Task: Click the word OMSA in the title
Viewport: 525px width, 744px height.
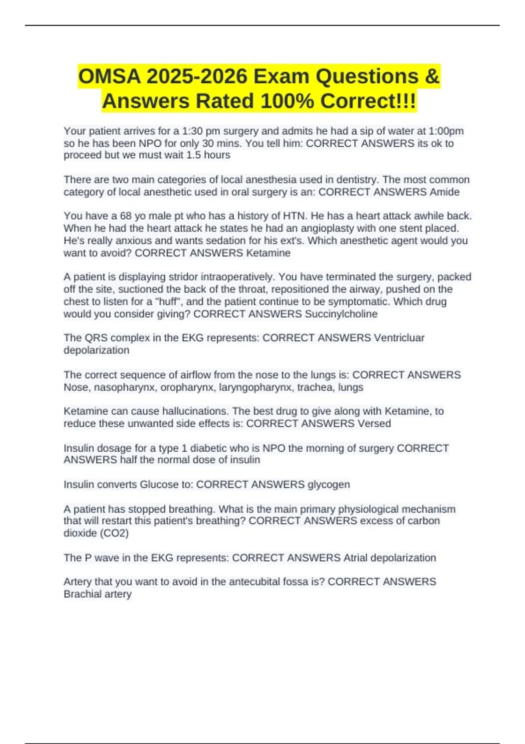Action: pyautogui.click(x=109, y=77)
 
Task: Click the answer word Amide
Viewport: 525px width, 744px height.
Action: pyautogui.click(x=444, y=192)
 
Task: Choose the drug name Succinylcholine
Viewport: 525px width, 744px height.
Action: pyautogui.click(x=341, y=314)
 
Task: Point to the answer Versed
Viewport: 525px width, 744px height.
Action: pyautogui.click(x=374, y=423)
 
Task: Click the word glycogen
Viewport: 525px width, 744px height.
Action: pyautogui.click(x=329, y=484)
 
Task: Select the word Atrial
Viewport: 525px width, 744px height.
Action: pyautogui.click(x=355, y=558)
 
